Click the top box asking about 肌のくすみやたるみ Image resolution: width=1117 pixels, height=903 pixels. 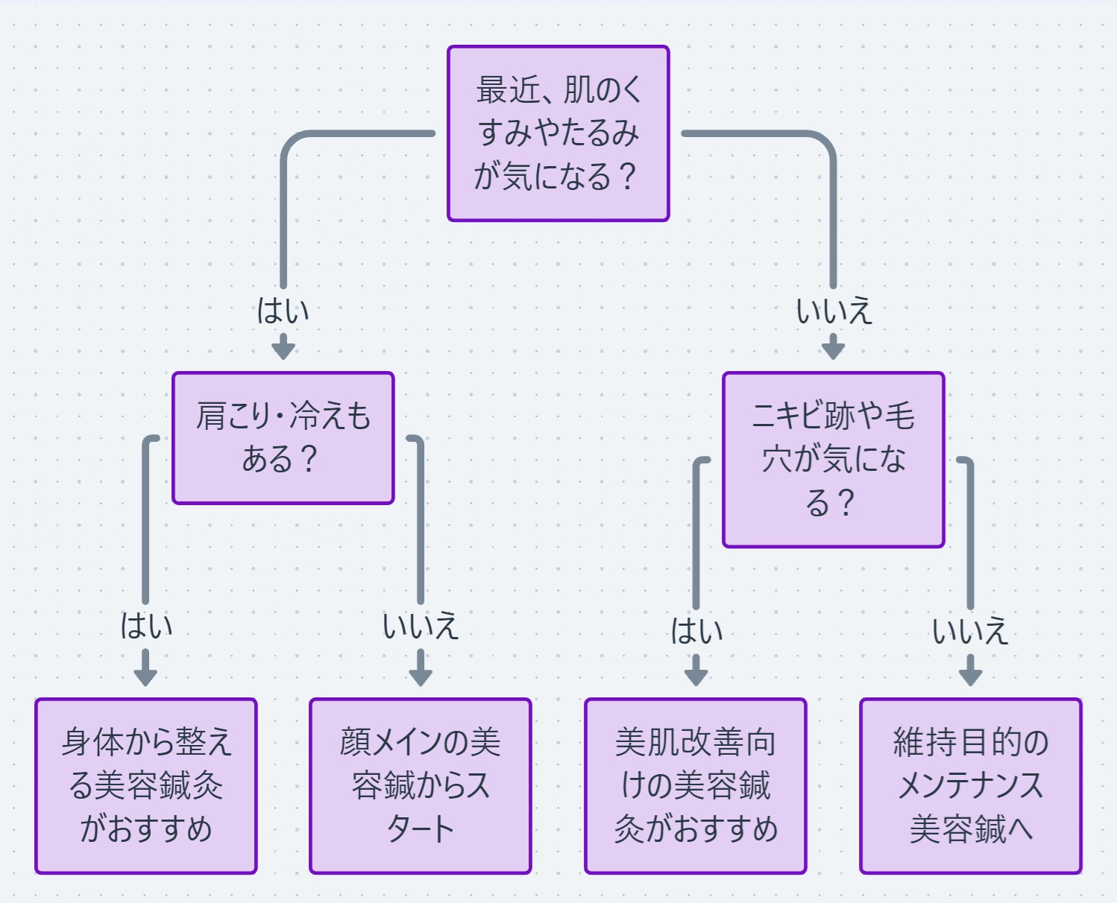[558, 133]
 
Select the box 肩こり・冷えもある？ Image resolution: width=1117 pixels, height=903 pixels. [283, 438]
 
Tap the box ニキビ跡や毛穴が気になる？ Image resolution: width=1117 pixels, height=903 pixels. [833, 460]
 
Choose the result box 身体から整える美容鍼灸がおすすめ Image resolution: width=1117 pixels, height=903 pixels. [146, 785]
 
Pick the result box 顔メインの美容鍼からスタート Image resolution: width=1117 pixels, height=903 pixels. [420, 785]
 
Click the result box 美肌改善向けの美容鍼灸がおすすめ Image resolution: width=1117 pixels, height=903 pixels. [695, 785]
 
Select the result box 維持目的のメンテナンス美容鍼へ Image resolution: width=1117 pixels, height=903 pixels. [970, 785]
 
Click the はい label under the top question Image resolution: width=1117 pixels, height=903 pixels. [283, 311]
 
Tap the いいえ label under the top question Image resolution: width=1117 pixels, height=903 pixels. [833, 311]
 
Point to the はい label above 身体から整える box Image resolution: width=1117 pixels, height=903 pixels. [146, 626]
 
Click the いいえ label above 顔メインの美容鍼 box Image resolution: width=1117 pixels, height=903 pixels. [420, 626]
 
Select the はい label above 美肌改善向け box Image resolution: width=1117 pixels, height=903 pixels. [696, 631]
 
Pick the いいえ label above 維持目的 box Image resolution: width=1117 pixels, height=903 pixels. [969, 631]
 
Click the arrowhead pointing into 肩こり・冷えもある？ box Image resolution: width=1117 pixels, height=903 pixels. [283, 349]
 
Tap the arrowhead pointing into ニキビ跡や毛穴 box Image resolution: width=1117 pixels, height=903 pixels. [833, 349]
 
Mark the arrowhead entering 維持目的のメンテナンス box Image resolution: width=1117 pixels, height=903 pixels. [970, 676]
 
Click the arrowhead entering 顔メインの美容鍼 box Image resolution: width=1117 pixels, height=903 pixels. [421, 676]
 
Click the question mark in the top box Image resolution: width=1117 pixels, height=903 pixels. [628, 177]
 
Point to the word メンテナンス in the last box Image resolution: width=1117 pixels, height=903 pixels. [970, 785]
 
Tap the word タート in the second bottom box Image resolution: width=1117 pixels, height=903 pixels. [420, 828]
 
